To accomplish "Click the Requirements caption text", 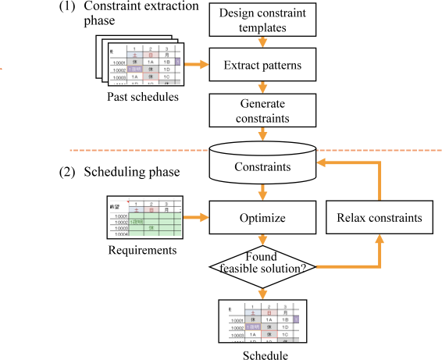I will coord(142,250).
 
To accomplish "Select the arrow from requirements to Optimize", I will coord(195,218).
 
